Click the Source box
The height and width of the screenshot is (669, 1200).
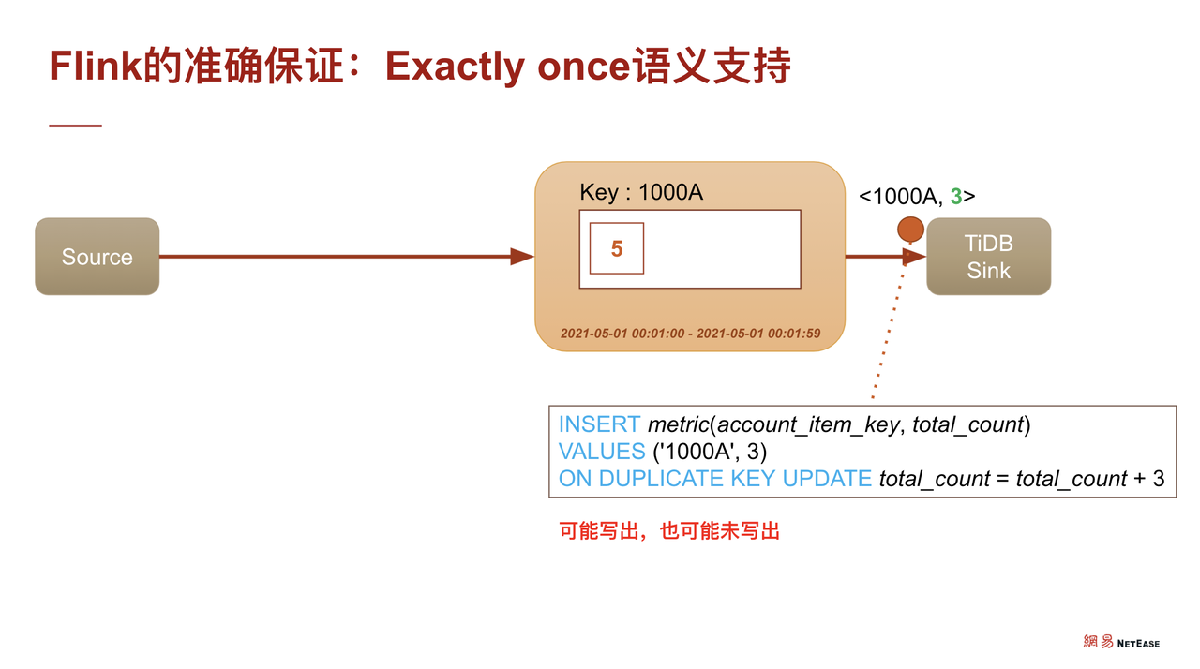tap(97, 257)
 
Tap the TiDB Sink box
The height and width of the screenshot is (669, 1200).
tap(988, 257)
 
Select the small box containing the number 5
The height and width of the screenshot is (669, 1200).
tap(616, 248)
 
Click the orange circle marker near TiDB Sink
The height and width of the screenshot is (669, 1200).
tap(910, 230)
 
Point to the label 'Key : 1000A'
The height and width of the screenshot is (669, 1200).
tap(641, 192)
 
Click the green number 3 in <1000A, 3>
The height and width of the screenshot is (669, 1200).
tap(956, 197)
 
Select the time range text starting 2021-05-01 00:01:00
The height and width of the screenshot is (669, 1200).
tap(690, 334)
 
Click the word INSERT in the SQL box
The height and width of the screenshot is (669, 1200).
tap(599, 424)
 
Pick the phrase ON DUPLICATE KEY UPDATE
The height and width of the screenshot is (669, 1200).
tap(715, 479)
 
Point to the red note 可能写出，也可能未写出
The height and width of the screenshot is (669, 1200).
tap(669, 531)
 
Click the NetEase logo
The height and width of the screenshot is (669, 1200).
tap(1121, 642)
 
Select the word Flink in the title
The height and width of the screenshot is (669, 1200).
tap(96, 67)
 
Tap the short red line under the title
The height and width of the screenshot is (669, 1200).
tap(75, 126)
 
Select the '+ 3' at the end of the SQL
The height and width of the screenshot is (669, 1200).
tap(1148, 479)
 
